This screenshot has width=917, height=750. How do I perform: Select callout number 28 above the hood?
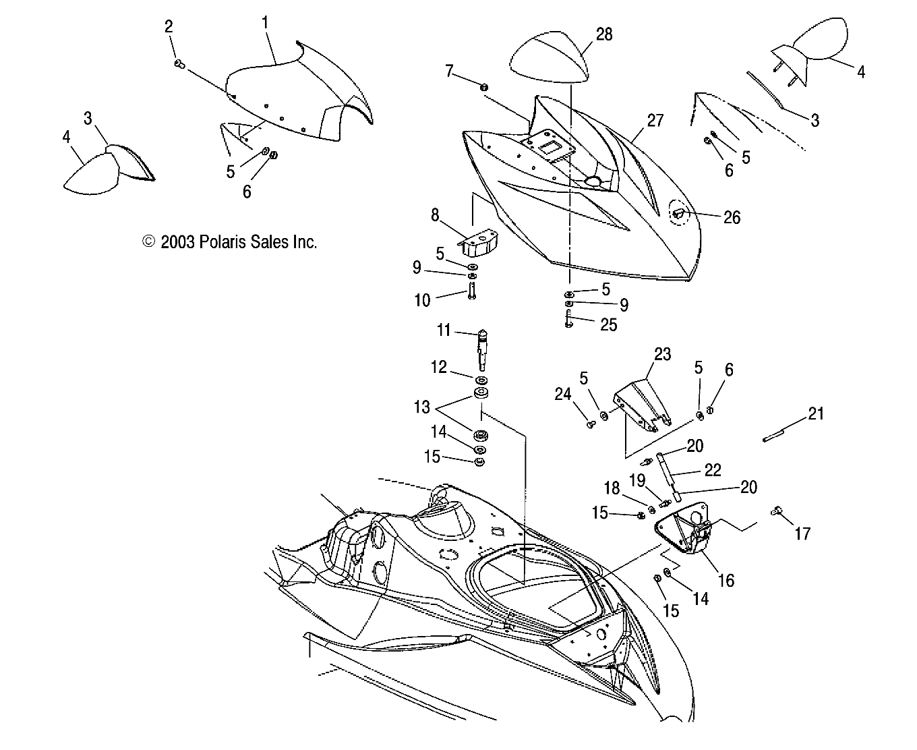(603, 34)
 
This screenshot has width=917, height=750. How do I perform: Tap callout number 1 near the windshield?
(266, 23)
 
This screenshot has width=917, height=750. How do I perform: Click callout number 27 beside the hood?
(655, 121)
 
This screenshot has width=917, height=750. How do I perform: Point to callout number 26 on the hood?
(731, 217)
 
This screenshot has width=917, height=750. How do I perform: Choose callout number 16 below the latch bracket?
(726, 579)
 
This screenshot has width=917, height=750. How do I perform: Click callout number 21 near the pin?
(816, 413)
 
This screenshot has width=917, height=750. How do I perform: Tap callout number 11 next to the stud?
(443, 331)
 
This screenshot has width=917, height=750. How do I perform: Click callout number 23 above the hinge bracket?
(662, 354)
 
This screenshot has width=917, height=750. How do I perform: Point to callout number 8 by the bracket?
(435, 215)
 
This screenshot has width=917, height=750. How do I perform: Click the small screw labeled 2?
(179, 63)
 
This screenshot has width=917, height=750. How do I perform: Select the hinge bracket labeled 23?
(644, 407)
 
